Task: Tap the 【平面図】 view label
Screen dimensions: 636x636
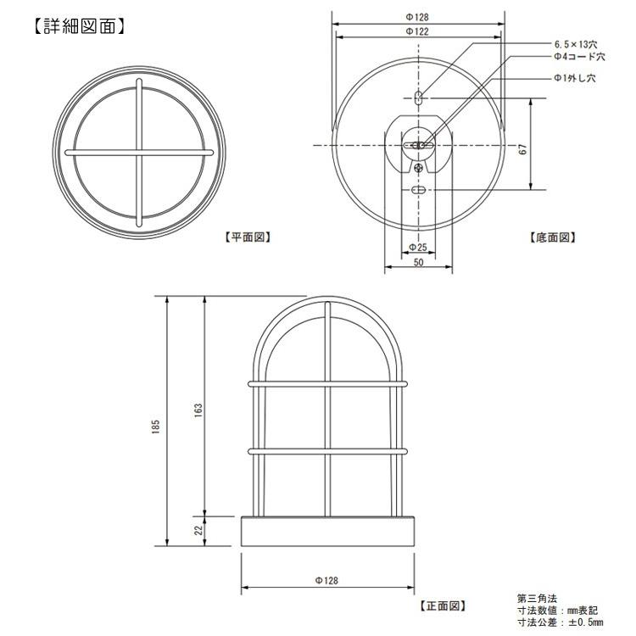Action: pos(248,237)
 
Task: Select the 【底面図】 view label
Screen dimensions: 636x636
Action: pos(553,237)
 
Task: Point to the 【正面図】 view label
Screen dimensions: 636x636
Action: pos(443,605)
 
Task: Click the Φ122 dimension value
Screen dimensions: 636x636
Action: pos(417,31)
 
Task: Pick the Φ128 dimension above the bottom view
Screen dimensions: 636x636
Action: pos(417,17)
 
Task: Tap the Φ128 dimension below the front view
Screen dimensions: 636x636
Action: pos(326,580)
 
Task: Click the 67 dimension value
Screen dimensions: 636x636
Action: pos(523,149)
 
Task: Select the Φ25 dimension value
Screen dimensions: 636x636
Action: pos(418,248)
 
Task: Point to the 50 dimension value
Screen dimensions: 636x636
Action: pos(418,262)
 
